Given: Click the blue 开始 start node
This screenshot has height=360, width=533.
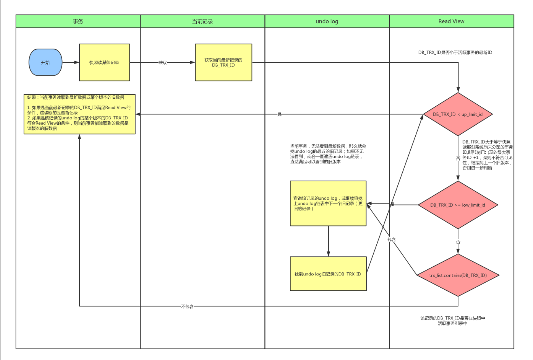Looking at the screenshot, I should (x=45, y=63).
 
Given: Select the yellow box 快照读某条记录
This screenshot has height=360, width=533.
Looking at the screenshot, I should (x=104, y=63).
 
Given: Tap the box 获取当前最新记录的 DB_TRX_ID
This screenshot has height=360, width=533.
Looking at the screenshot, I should (x=223, y=63).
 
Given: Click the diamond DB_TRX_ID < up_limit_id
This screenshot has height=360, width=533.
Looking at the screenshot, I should (x=458, y=114).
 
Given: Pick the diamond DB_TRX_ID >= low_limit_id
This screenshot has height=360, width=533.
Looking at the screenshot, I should (x=458, y=205).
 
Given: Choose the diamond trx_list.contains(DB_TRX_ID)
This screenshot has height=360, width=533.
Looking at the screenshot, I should (x=458, y=275).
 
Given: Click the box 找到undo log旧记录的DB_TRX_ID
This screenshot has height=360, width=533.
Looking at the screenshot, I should (x=328, y=274).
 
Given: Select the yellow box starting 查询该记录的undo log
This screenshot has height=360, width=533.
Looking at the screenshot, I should (x=328, y=203).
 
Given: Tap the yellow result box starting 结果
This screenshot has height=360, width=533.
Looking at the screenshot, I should (x=79, y=114).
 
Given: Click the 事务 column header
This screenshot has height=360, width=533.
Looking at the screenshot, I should (x=78, y=21).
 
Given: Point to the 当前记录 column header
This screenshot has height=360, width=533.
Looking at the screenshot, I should (x=202, y=21).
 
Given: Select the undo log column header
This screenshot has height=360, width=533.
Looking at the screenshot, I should (x=327, y=21).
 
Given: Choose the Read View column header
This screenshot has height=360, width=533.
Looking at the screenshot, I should (x=451, y=21).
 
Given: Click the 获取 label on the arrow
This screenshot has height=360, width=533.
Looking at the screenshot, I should (x=162, y=63).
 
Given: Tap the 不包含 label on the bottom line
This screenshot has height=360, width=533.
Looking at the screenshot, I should (x=187, y=307).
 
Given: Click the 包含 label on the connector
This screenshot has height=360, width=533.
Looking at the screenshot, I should (x=391, y=239).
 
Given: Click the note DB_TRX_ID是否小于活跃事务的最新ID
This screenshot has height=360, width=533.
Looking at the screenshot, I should (x=455, y=53).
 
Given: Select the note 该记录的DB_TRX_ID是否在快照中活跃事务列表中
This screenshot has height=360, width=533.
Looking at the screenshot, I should (x=452, y=321).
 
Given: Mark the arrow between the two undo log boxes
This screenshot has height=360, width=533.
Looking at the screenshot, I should (x=328, y=241).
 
